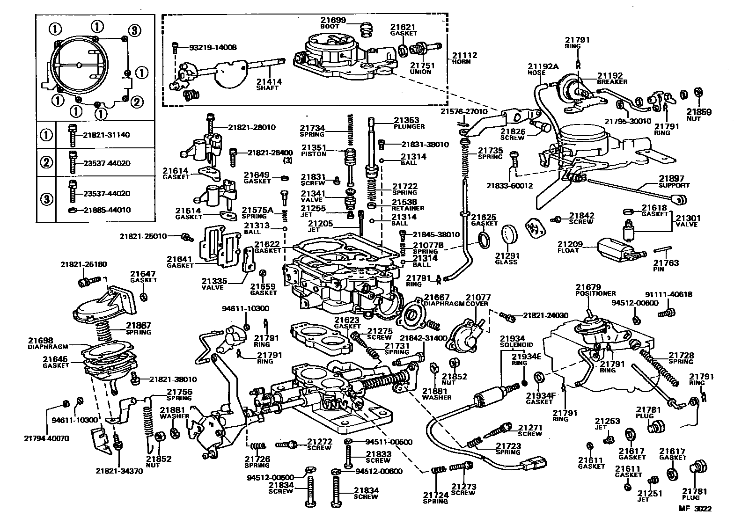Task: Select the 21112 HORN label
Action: point(464,58)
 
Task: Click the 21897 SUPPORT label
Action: point(674,182)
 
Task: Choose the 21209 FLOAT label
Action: point(569,247)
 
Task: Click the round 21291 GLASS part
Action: point(511,235)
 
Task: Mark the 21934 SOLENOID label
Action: point(513,341)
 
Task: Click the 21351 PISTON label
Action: point(313,150)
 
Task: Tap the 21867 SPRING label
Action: point(139,328)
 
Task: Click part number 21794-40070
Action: point(46,438)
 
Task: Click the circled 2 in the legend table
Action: point(46,163)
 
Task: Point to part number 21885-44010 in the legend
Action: point(107,210)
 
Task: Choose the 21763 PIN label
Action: point(666,266)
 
